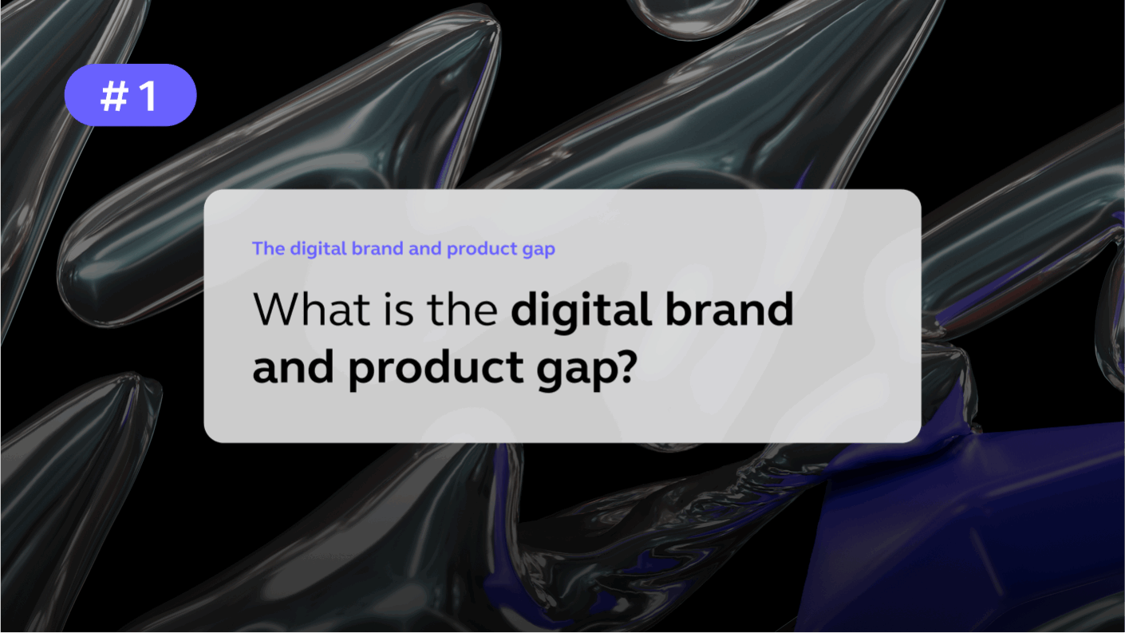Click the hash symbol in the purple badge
[x=114, y=96]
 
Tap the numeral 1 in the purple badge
[x=148, y=96]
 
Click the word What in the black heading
[x=312, y=309]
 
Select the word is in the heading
[x=399, y=309]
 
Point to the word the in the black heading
[x=462, y=309]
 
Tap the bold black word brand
[x=730, y=309]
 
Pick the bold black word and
[x=294, y=367]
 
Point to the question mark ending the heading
[x=627, y=367]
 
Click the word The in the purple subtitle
[x=268, y=248]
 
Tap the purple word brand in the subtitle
[x=377, y=248]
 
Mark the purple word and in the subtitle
[x=425, y=248]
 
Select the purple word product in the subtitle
[x=482, y=250]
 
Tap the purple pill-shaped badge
[x=131, y=95]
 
